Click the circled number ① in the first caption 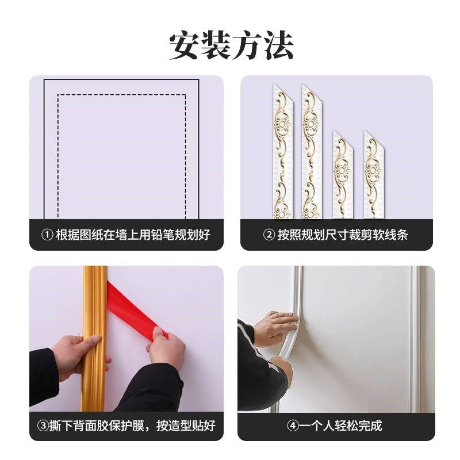[x=47, y=235]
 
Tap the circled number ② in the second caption [x=269, y=235]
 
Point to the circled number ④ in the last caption [x=292, y=425]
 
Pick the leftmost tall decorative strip [x=282, y=152]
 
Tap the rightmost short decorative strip [x=373, y=175]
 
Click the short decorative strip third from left [x=343, y=175]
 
